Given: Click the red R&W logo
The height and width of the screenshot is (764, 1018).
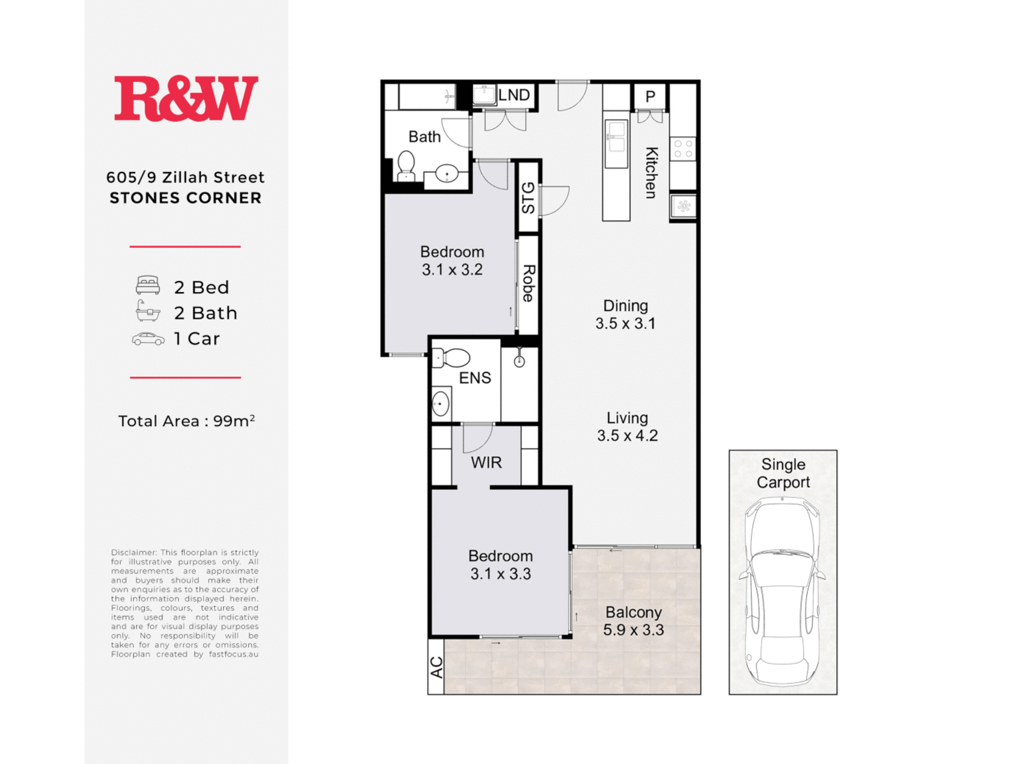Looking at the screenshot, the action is click(186, 98).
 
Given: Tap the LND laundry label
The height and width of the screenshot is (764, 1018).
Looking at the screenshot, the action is click(514, 95).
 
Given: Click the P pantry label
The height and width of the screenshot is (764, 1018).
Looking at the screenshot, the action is click(650, 96).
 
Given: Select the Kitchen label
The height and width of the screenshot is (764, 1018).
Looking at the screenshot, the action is click(651, 173).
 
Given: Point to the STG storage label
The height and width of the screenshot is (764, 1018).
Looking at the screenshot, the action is click(528, 198).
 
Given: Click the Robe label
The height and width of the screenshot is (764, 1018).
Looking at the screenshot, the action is click(528, 283).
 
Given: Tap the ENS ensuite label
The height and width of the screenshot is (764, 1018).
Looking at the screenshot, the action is click(475, 378).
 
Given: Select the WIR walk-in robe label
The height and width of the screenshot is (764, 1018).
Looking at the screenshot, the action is click(486, 462).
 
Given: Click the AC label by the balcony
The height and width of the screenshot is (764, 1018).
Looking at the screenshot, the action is click(437, 667).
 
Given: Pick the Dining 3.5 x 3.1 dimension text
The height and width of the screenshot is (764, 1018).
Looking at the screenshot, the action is click(626, 314).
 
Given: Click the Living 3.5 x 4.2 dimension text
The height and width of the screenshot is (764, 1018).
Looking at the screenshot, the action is click(628, 427).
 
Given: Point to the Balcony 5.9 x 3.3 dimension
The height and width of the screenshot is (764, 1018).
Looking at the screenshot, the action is click(634, 621).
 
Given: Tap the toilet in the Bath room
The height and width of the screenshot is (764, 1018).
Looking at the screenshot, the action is click(406, 166).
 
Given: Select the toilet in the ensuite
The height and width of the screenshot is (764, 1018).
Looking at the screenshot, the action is click(451, 358).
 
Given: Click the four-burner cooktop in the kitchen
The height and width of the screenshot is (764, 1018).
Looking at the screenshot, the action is click(683, 149).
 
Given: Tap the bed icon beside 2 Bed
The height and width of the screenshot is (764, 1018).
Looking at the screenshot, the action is click(148, 285).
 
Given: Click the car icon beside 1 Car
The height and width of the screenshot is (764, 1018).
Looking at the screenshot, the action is click(148, 339).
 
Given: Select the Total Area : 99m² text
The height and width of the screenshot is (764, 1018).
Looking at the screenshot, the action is click(186, 421).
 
